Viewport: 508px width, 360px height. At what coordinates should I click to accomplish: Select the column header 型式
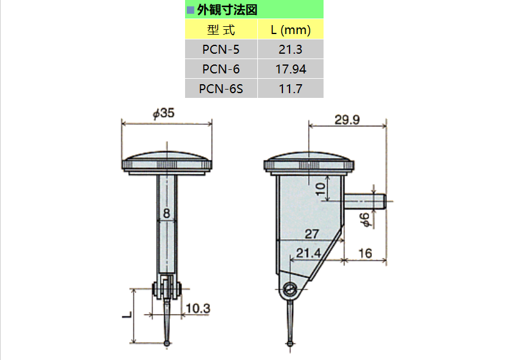click(x=220, y=30)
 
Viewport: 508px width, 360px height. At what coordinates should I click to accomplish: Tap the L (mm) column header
click(x=290, y=30)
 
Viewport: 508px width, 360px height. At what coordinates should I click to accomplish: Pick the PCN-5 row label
click(x=220, y=50)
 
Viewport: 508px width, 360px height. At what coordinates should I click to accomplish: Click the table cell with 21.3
click(x=290, y=50)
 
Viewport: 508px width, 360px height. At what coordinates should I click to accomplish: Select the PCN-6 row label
click(x=220, y=69)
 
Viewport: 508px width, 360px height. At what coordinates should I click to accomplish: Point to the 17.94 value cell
click(x=290, y=69)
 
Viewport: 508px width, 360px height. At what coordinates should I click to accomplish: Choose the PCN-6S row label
click(x=220, y=89)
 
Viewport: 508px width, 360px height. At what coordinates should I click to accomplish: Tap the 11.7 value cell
click(x=290, y=89)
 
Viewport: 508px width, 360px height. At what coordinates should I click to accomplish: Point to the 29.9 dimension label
click(x=346, y=120)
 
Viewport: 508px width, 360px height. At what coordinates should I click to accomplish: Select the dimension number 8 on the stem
click(x=167, y=212)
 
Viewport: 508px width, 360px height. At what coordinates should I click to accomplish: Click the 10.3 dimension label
click(x=197, y=308)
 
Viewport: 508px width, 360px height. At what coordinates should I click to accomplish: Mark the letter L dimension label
click(x=127, y=315)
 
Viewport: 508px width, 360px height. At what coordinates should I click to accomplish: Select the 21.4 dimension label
click(x=309, y=253)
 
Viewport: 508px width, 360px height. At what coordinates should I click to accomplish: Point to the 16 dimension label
click(x=365, y=253)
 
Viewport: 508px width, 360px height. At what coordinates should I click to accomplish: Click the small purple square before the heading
click(x=190, y=10)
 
